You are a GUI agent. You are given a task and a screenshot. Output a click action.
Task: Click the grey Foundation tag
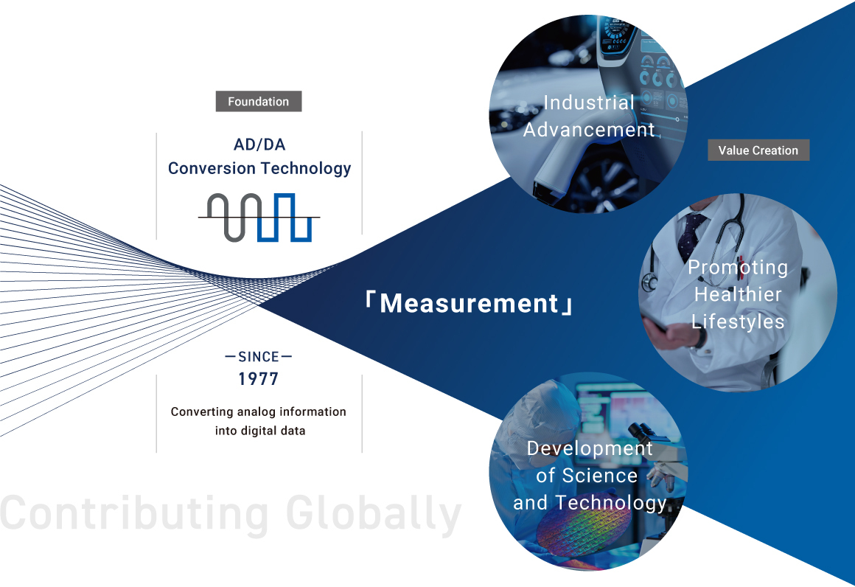(x=259, y=102)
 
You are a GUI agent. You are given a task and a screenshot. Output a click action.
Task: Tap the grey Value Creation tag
(x=758, y=150)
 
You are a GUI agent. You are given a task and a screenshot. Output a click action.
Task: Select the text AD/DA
(x=259, y=145)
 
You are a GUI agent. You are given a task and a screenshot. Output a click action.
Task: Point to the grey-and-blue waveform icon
(x=259, y=217)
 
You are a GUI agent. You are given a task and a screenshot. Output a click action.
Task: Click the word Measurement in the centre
(x=469, y=303)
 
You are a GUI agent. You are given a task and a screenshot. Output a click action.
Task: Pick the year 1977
(x=259, y=378)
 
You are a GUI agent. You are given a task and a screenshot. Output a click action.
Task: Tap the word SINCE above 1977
(x=259, y=357)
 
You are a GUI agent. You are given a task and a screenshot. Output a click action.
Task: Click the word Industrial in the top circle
(x=589, y=103)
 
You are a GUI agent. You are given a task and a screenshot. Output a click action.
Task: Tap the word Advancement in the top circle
(x=589, y=130)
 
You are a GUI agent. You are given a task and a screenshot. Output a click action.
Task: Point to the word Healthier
(x=738, y=294)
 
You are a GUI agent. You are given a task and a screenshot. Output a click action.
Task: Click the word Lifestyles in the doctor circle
(x=738, y=322)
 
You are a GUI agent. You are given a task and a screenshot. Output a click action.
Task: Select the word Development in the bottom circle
(x=590, y=448)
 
